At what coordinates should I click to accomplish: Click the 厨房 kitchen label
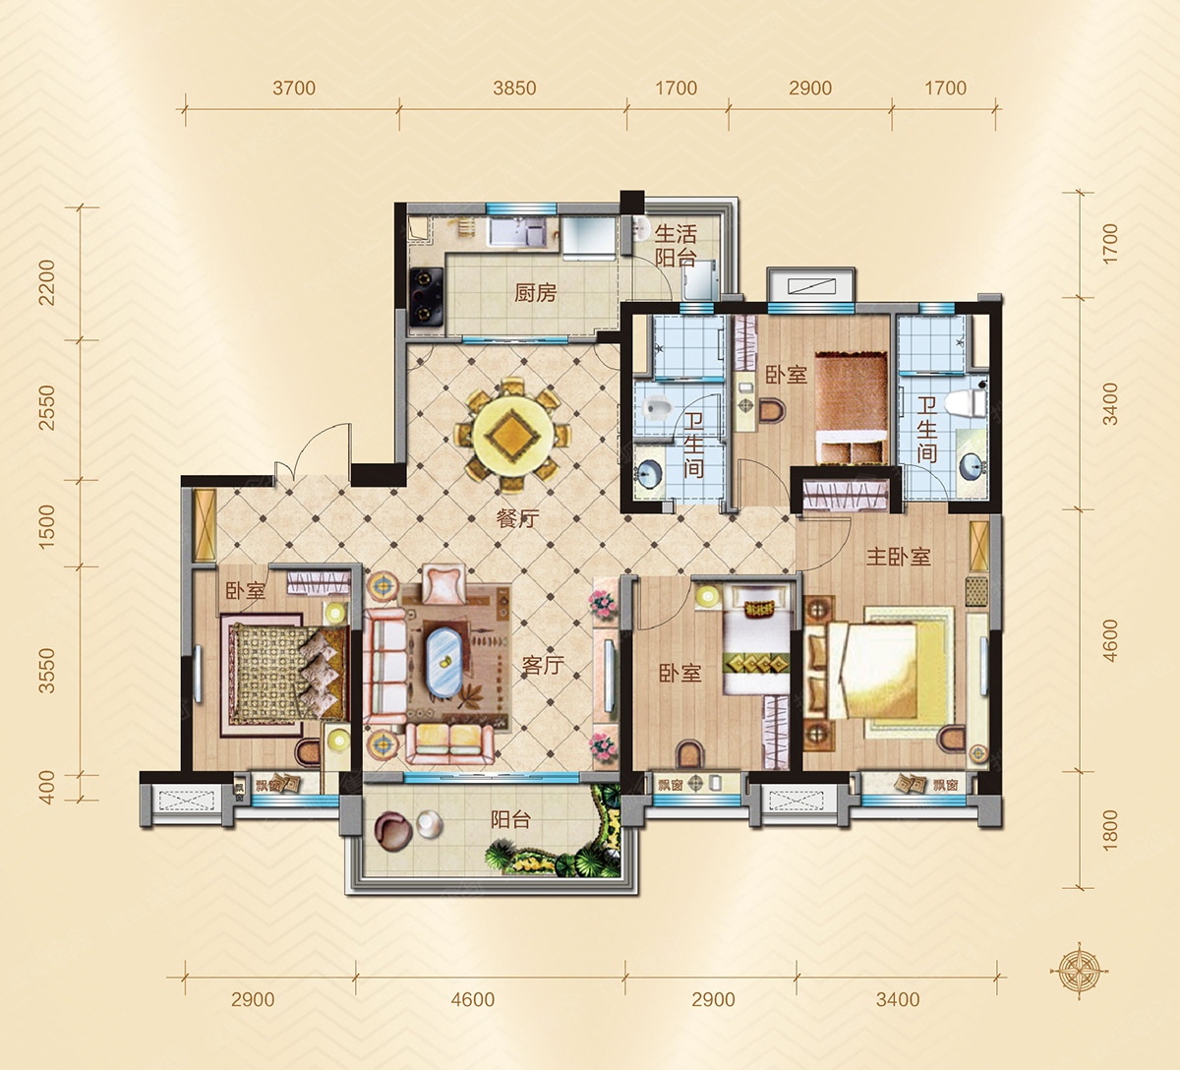[535, 292]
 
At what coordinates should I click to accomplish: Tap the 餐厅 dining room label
[517, 518]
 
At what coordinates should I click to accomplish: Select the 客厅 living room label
[544, 665]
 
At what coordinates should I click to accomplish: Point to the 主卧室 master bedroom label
[898, 557]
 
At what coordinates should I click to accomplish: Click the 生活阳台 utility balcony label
[676, 246]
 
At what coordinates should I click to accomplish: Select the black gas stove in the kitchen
[426, 297]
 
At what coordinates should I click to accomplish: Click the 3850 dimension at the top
[514, 89]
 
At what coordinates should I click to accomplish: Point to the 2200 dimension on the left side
[46, 283]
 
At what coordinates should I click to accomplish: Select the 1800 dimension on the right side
[1110, 830]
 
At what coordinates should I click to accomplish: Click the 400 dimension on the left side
[46, 788]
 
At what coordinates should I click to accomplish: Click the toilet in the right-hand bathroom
[966, 403]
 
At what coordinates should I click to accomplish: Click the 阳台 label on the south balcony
[511, 820]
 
